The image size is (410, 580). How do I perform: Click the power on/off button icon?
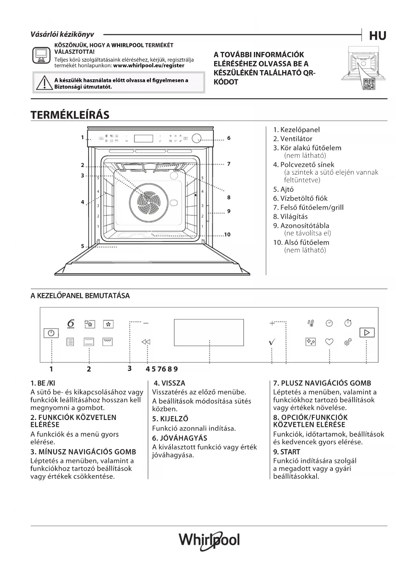click(x=51, y=333)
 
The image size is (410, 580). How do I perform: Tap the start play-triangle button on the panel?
click(x=367, y=332)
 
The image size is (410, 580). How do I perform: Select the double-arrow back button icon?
click(x=146, y=342)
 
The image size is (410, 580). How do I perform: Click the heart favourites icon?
click(x=329, y=342)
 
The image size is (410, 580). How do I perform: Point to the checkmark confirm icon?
click(x=272, y=342)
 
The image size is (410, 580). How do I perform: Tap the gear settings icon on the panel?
click(x=348, y=342)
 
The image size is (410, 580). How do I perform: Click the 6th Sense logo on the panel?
click(x=71, y=324)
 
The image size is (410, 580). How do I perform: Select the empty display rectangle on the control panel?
click(x=209, y=332)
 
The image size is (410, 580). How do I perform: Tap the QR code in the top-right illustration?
click(x=369, y=84)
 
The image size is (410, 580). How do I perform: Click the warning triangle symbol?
click(x=43, y=83)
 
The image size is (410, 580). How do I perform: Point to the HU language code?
click(x=377, y=36)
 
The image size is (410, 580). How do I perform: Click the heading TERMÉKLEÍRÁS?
click(x=70, y=115)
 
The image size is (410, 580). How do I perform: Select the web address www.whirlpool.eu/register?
click(x=149, y=65)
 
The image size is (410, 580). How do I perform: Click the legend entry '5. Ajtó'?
click(x=283, y=189)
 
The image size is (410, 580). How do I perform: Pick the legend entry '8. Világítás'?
click(x=290, y=217)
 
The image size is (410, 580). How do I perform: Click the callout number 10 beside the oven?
click(x=227, y=234)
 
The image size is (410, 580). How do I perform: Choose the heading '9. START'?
click(x=286, y=452)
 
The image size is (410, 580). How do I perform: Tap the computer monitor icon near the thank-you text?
click(x=41, y=55)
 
